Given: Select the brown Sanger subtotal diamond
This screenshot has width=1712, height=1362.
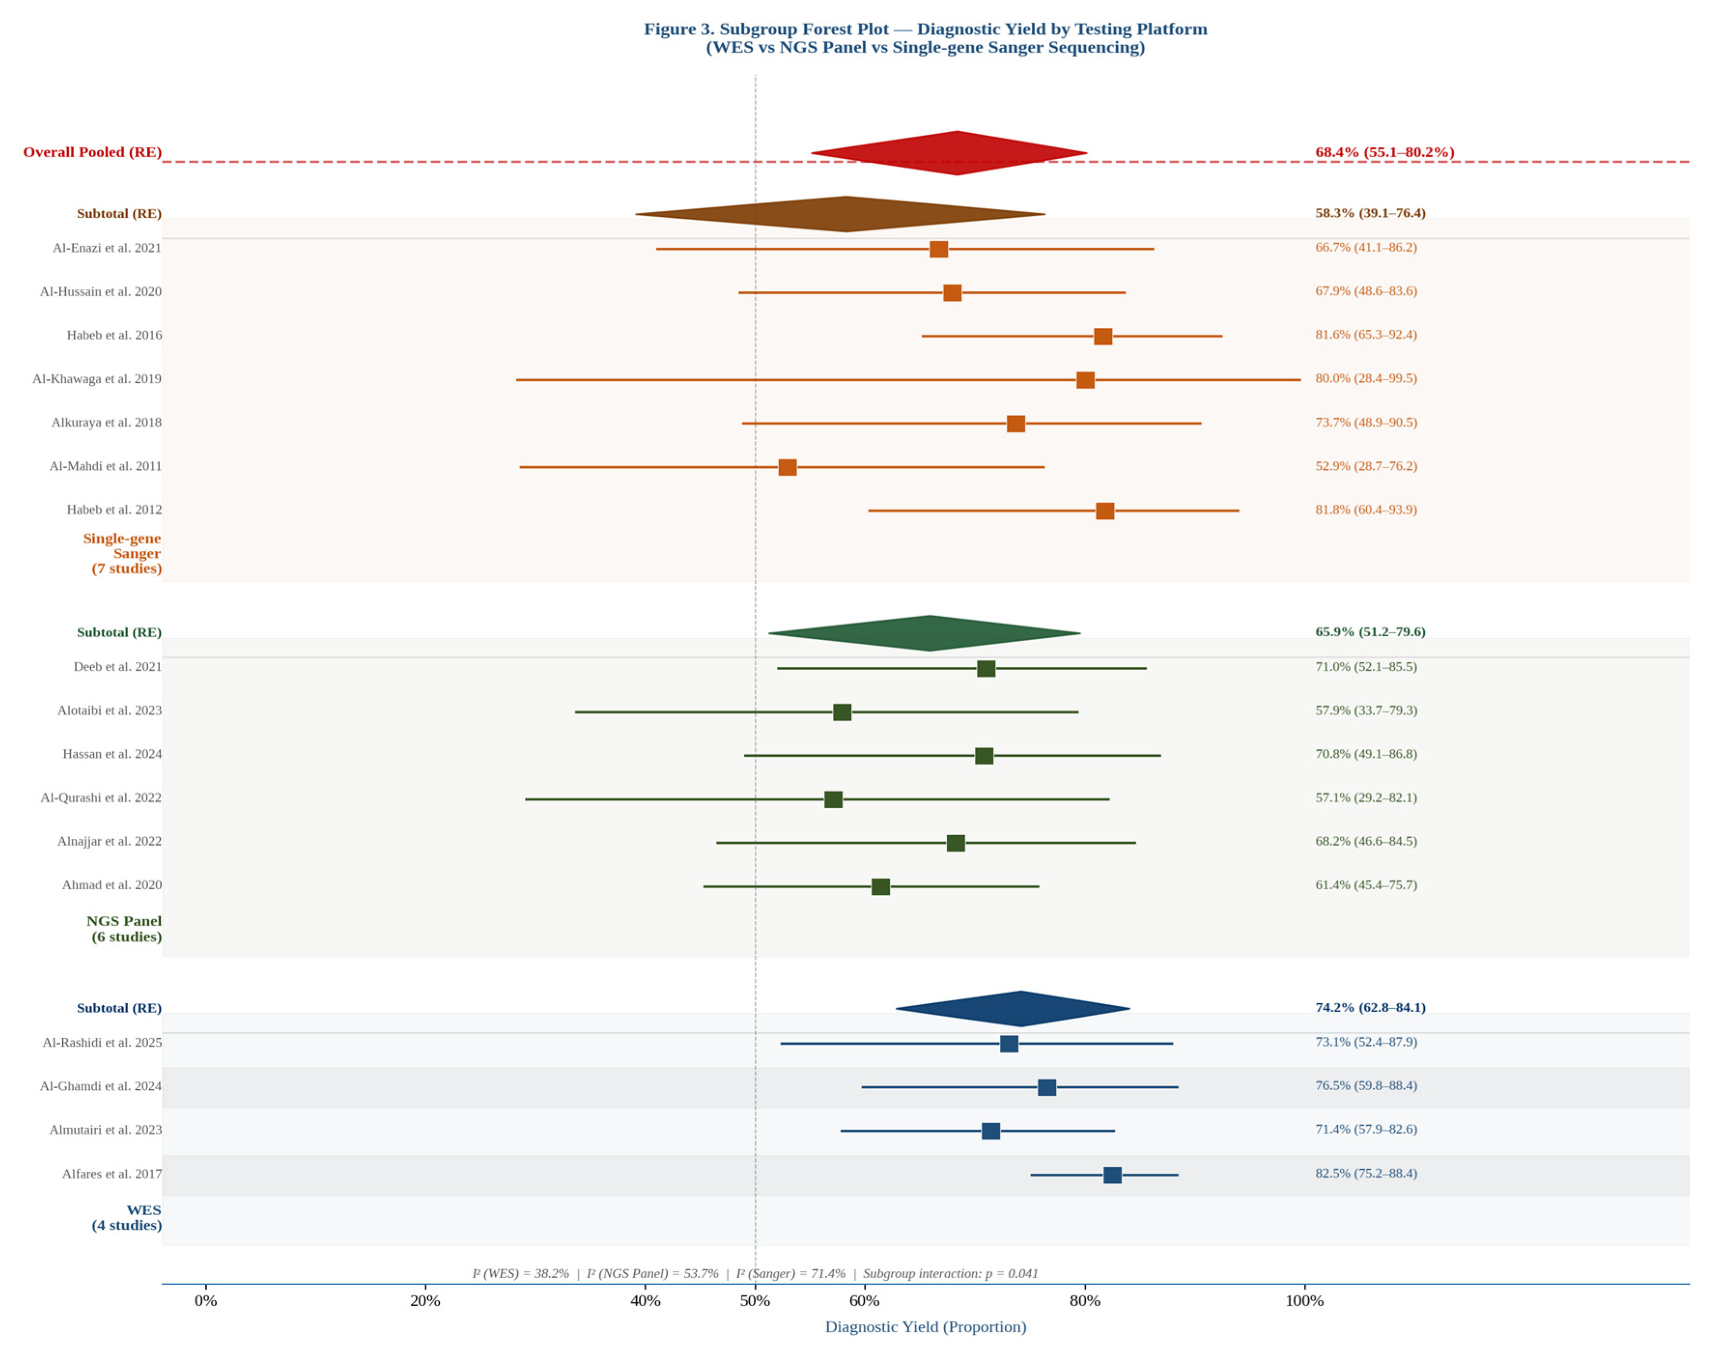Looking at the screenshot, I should click(x=846, y=213).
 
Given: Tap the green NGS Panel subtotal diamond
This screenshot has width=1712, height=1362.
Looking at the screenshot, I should click(x=929, y=633).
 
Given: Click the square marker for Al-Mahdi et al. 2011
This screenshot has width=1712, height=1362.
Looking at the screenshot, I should click(x=787, y=467).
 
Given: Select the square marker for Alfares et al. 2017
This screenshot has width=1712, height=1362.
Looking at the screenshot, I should click(x=1112, y=1175).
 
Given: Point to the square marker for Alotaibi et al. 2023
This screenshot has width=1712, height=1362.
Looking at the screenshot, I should click(x=842, y=712).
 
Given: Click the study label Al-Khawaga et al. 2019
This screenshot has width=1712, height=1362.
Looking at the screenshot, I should click(x=97, y=379).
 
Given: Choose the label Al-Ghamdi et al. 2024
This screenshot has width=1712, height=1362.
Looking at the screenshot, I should click(x=101, y=1086).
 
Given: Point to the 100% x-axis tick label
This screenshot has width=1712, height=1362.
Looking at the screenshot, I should click(x=1304, y=1301).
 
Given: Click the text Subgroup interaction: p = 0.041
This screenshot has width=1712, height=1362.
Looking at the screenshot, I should click(x=950, y=1273).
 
